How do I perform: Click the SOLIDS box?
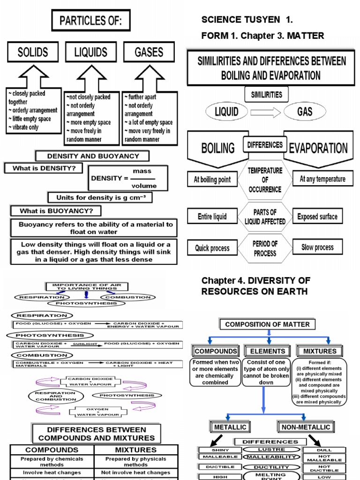33,52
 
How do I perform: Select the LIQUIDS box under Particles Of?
91,52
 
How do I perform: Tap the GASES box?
149,52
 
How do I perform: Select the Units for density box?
100,198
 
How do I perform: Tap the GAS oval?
304,112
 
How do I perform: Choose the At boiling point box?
212,180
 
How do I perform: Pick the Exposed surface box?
317,217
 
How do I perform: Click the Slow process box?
317,247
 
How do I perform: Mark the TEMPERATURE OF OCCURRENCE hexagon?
265,180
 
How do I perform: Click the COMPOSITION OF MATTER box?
267,324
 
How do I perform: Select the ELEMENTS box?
267,351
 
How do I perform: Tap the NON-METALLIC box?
306,427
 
